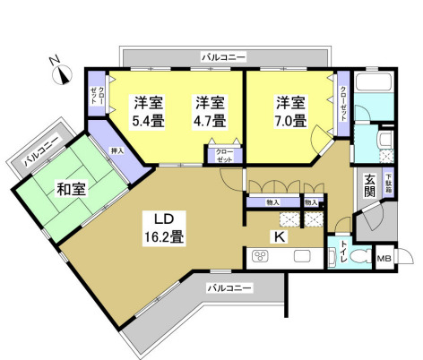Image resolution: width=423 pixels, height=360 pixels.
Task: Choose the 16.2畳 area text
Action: click(166, 237)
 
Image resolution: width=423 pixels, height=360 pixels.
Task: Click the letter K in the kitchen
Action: click(279, 236)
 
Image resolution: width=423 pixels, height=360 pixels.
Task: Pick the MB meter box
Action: click(384, 259)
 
